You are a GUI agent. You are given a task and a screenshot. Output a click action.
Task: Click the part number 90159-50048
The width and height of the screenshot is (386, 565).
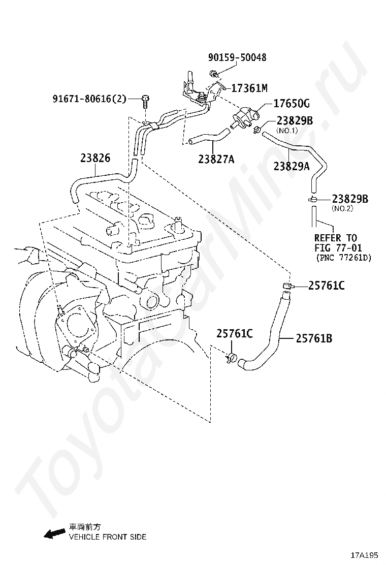[237, 58]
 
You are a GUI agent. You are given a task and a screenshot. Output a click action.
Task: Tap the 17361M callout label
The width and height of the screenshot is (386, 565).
[249, 88]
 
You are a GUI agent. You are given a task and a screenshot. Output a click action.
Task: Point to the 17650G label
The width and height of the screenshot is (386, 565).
[291, 104]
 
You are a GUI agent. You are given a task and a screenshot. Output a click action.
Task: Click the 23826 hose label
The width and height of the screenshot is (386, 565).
[95, 158]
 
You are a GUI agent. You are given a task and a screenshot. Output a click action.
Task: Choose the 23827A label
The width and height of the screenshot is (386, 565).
[216, 160]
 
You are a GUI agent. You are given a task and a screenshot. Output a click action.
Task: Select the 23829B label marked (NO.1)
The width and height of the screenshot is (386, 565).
[295, 121]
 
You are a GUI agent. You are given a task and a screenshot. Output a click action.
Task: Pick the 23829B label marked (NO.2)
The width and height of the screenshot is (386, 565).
[350, 199]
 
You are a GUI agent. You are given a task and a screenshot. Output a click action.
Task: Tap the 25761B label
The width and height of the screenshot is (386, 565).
[314, 337]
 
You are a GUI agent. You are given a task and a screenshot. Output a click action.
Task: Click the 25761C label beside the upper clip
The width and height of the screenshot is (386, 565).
[327, 286]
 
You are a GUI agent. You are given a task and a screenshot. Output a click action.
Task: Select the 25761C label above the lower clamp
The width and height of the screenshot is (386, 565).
[235, 333]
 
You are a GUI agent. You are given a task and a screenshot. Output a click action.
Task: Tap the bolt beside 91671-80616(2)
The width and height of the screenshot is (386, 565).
[146, 102]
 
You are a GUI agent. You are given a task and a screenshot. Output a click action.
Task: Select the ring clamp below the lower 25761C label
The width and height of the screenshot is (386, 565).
[232, 358]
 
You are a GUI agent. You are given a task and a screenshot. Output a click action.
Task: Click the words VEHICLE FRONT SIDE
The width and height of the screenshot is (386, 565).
[107, 537]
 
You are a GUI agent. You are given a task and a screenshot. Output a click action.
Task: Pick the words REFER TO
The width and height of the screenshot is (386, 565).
[336, 238]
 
